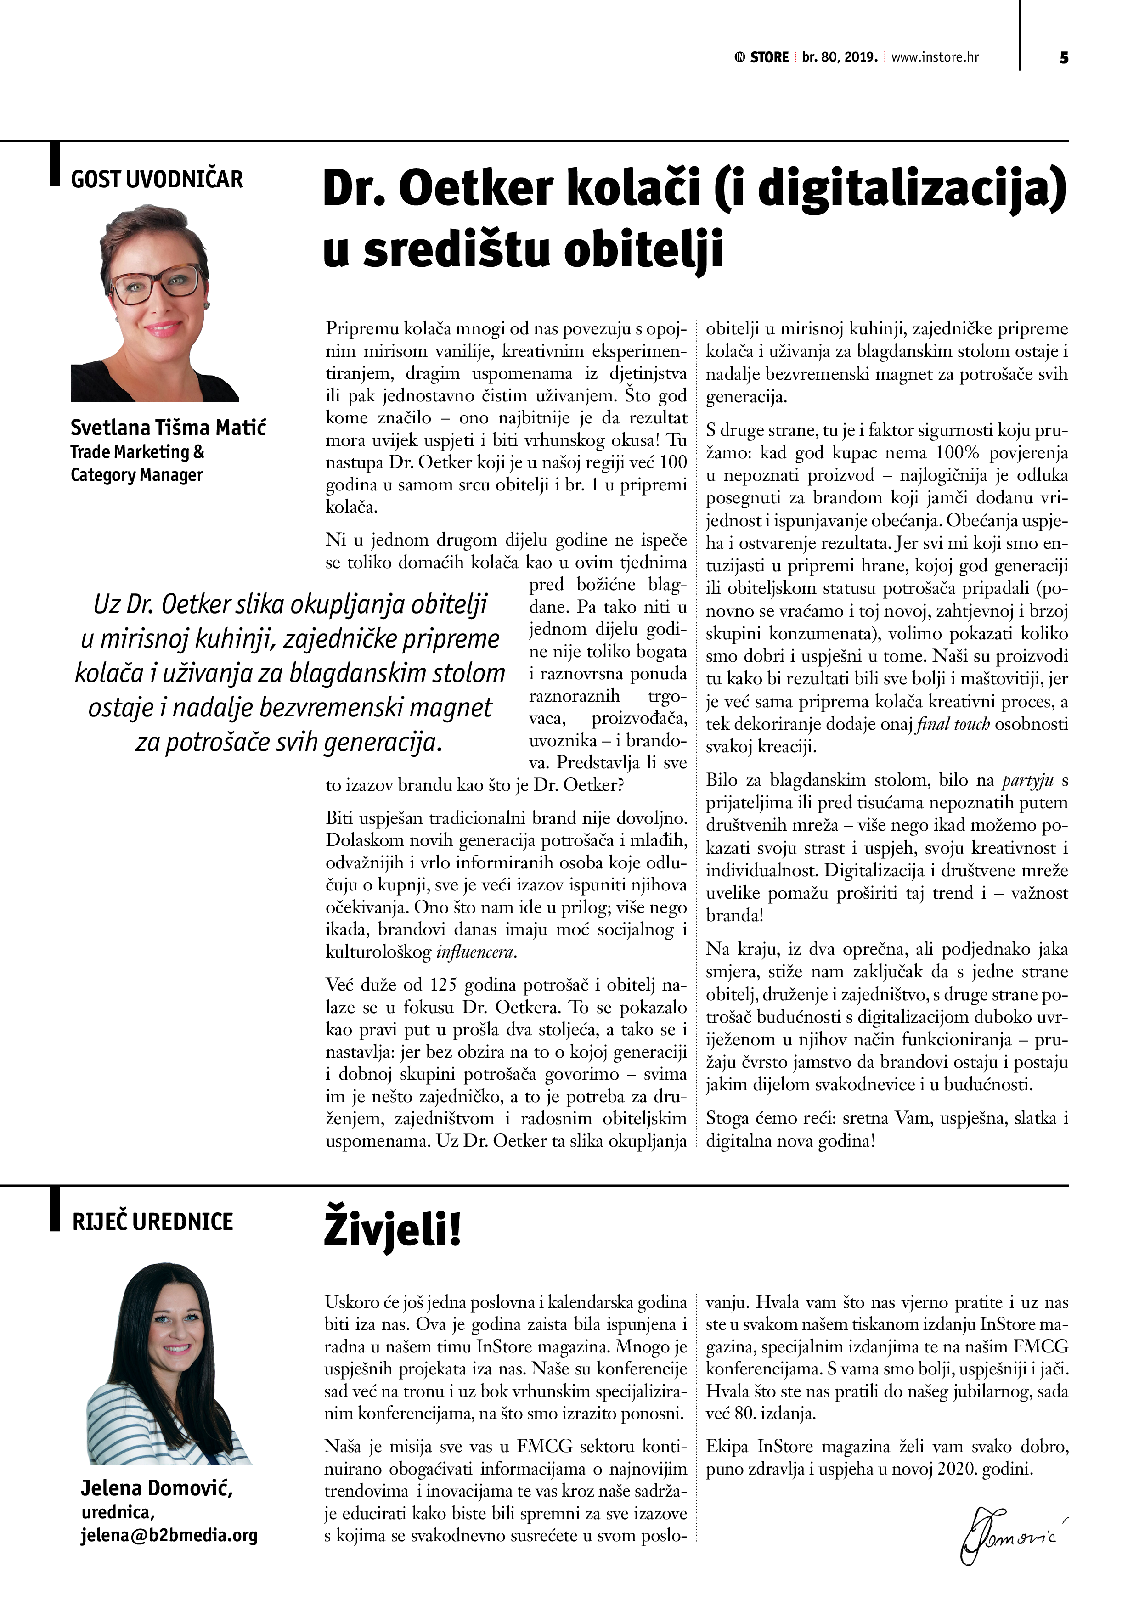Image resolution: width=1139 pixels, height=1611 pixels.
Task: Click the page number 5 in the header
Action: click(1064, 57)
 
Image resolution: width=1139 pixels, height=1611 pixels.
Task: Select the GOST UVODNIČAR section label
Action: click(157, 180)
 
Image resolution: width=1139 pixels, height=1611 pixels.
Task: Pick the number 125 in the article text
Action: click(444, 985)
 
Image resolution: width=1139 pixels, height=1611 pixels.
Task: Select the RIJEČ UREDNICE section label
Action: click(152, 1222)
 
